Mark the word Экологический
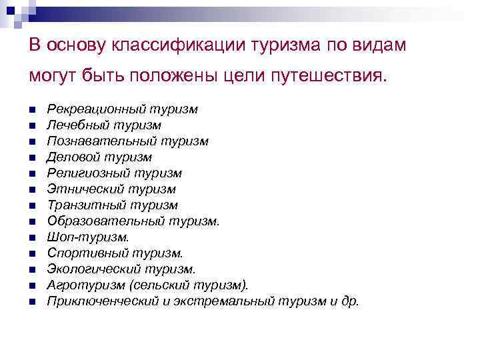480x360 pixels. click(x=91, y=269)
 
